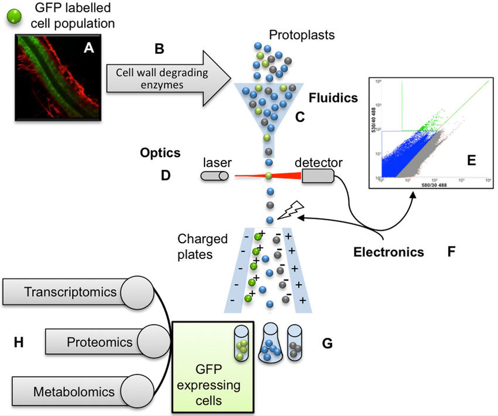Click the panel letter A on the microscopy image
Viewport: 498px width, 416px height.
point(88,48)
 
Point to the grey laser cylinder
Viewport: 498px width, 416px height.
point(216,176)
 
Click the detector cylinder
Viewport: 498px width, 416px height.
point(318,175)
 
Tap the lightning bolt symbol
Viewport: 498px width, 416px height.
point(290,210)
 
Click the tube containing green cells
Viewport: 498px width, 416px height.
point(241,345)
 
